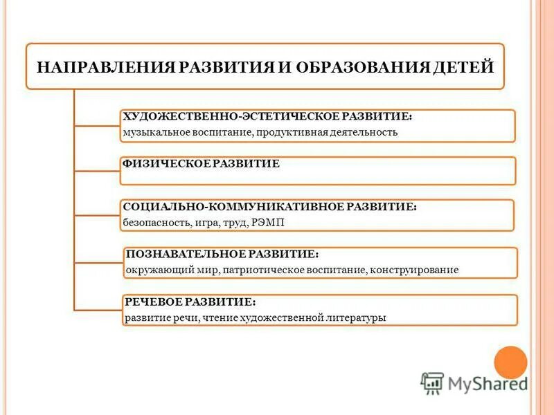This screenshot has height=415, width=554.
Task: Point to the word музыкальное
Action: [x=152, y=132]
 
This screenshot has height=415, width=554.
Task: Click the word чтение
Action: [x=221, y=318]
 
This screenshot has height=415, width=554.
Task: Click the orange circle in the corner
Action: [x=510, y=362]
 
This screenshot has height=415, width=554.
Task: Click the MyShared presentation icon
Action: [x=432, y=382]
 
